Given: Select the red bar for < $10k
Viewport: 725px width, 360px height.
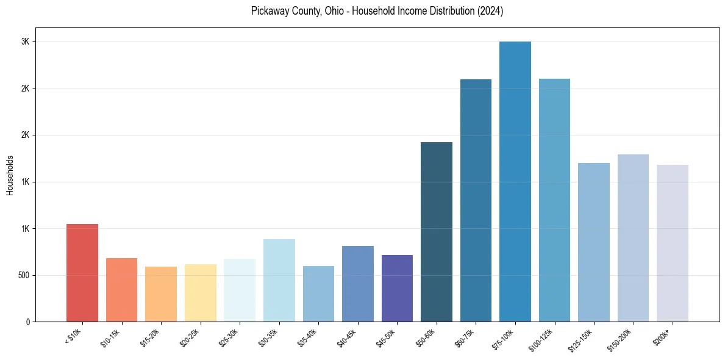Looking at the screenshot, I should click(82, 273).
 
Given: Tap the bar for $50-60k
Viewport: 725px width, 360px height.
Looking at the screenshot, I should click(437, 232).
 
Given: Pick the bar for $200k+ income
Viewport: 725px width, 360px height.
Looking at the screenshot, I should click(673, 243).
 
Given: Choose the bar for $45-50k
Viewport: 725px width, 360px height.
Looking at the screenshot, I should click(397, 288).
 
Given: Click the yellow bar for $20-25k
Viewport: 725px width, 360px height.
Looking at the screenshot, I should click(201, 293).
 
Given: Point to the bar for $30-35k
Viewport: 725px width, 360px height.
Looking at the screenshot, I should click(279, 280).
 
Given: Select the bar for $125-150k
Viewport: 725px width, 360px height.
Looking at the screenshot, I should click(594, 242).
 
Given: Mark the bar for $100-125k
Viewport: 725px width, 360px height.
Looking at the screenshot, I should click(554, 200).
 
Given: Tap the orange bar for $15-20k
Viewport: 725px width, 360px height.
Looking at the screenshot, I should click(161, 294).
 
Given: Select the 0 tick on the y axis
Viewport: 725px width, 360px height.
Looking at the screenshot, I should click(28, 322).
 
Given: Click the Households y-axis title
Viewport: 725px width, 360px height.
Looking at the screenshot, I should click(10, 175).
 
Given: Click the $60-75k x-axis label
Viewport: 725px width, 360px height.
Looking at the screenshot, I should click(466, 337).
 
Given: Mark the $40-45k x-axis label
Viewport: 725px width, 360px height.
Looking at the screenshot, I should click(348, 337).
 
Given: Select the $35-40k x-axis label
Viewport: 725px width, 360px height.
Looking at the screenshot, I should click(309, 337).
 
